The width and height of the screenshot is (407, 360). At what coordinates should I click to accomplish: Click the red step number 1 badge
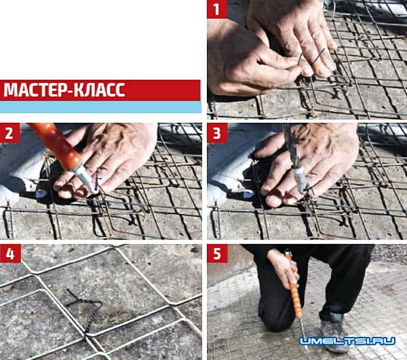tap(217, 9)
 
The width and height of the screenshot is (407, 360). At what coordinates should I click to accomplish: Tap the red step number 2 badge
tap(10, 133)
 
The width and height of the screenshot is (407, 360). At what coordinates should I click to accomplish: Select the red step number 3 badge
tap(217, 133)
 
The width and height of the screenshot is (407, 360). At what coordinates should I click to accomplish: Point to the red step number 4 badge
tap(10, 254)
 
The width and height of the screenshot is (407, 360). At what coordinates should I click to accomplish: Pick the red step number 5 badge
tap(217, 254)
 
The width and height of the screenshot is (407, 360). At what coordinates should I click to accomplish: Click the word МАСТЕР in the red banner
tap(35, 90)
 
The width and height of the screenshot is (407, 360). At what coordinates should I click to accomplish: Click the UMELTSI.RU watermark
tap(347, 341)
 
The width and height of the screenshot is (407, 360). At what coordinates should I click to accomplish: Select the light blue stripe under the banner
tap(100, 107)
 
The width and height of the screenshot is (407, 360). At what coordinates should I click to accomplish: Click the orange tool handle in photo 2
tap(56, 146)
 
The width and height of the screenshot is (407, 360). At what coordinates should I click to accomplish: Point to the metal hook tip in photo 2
tap(96, 191)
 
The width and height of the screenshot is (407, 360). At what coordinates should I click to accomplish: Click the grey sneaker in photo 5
tap(333, 334)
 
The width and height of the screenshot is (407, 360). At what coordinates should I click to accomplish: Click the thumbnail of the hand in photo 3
tap(269, 201)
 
